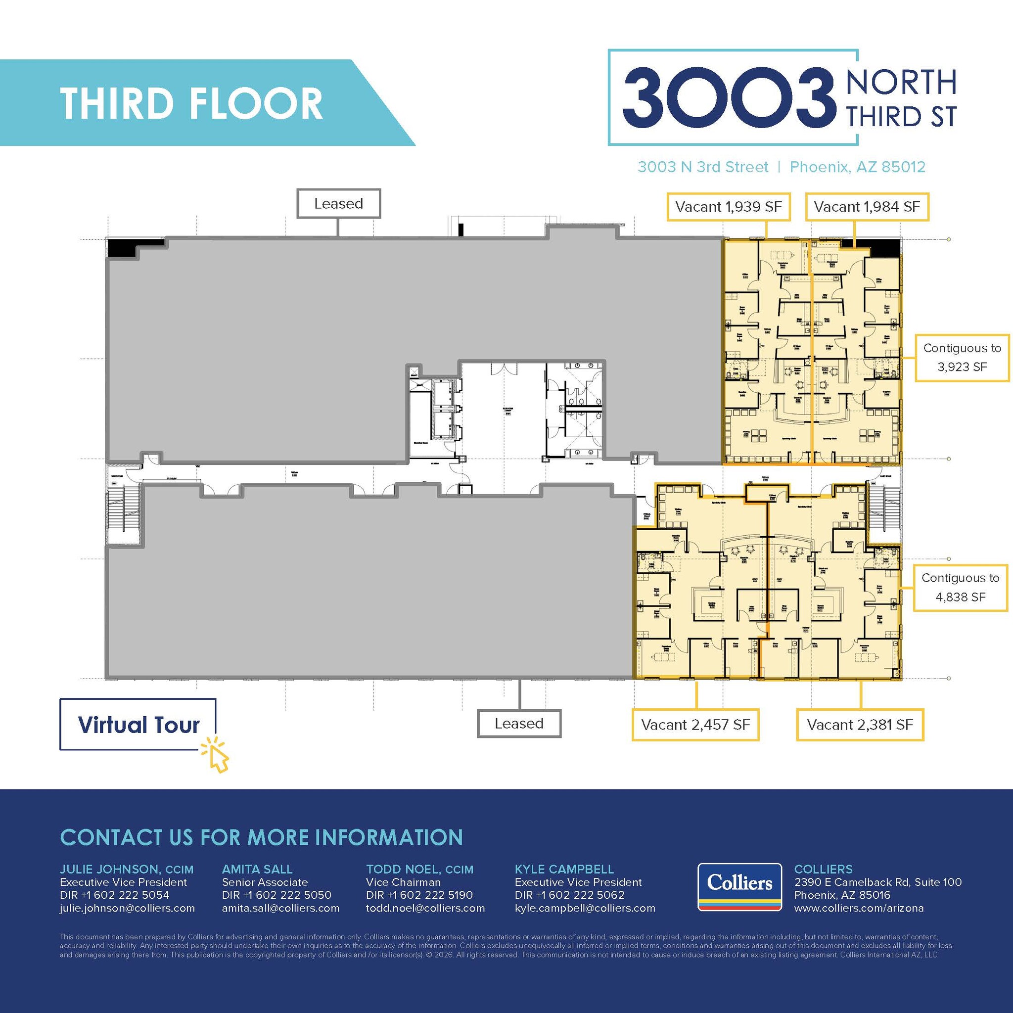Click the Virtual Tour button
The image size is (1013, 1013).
138,725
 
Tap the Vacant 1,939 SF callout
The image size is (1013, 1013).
728,207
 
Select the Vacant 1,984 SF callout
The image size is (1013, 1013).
867,207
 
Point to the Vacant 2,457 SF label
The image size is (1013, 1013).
695,725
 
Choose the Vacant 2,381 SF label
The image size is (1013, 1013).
860,725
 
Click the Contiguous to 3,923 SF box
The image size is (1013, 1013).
962,358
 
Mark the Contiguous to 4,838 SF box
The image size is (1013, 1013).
960,587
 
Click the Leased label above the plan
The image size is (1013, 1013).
338,203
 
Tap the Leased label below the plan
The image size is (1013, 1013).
518,724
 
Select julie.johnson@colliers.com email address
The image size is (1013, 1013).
128,908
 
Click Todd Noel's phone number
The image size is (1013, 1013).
419,895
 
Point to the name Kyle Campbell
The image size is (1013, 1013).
564,870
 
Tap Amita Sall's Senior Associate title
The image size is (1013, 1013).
265,882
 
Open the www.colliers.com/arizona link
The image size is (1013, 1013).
859,908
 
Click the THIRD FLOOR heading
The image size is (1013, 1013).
191,103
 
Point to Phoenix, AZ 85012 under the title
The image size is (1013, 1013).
857,167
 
